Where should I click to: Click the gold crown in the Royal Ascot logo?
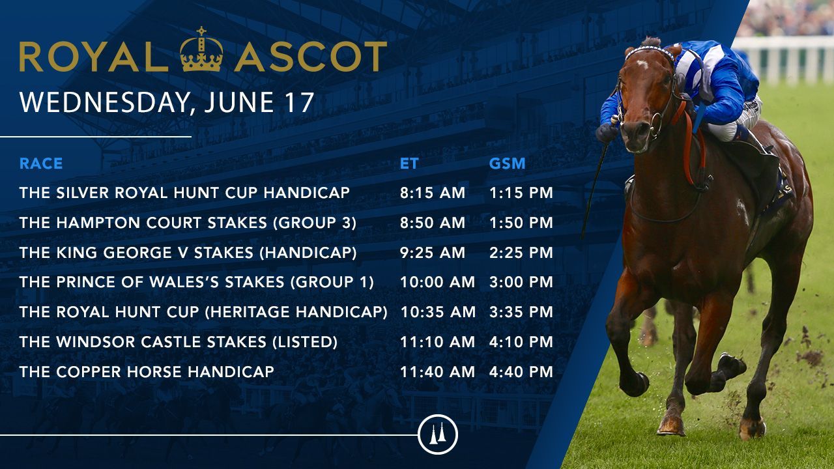pos(201,49)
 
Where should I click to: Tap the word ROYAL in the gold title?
pos(94,57)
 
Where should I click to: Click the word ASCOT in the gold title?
pos(311,57)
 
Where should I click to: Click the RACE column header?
pos(41,163)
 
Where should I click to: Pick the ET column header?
pos(409,163)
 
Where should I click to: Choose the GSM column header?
pos(507,163)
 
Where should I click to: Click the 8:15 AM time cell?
pos(433,193)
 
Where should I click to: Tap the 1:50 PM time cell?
pos(521,223)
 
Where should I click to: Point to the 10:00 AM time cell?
pos(437,282)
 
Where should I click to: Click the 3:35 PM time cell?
pos(521,312)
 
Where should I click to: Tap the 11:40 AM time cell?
pos(437,372)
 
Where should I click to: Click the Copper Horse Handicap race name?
pos(147,372)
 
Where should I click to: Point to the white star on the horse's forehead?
pos(642,64)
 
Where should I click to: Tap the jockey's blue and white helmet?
pos(688,70)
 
